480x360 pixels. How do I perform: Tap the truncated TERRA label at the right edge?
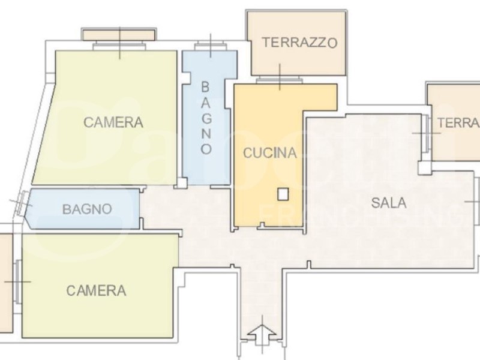[458, 123]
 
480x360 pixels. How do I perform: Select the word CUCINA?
[269, 153]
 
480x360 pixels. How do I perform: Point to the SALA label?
[388, 203]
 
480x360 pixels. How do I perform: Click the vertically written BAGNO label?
[206, 117]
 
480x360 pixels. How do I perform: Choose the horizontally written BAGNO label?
[87, 209]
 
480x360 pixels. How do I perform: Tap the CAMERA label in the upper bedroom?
[113, 123]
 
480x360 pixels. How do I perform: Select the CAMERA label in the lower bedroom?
[96, 291]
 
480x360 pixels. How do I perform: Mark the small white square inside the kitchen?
[283, 194]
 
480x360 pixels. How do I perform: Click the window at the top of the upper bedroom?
[119, 46]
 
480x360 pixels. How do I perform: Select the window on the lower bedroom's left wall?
[20, 281]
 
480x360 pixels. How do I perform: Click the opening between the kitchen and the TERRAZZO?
[280, 80]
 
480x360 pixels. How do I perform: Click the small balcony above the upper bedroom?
[119, 34]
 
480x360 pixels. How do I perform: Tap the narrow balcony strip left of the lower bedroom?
[5, 282]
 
